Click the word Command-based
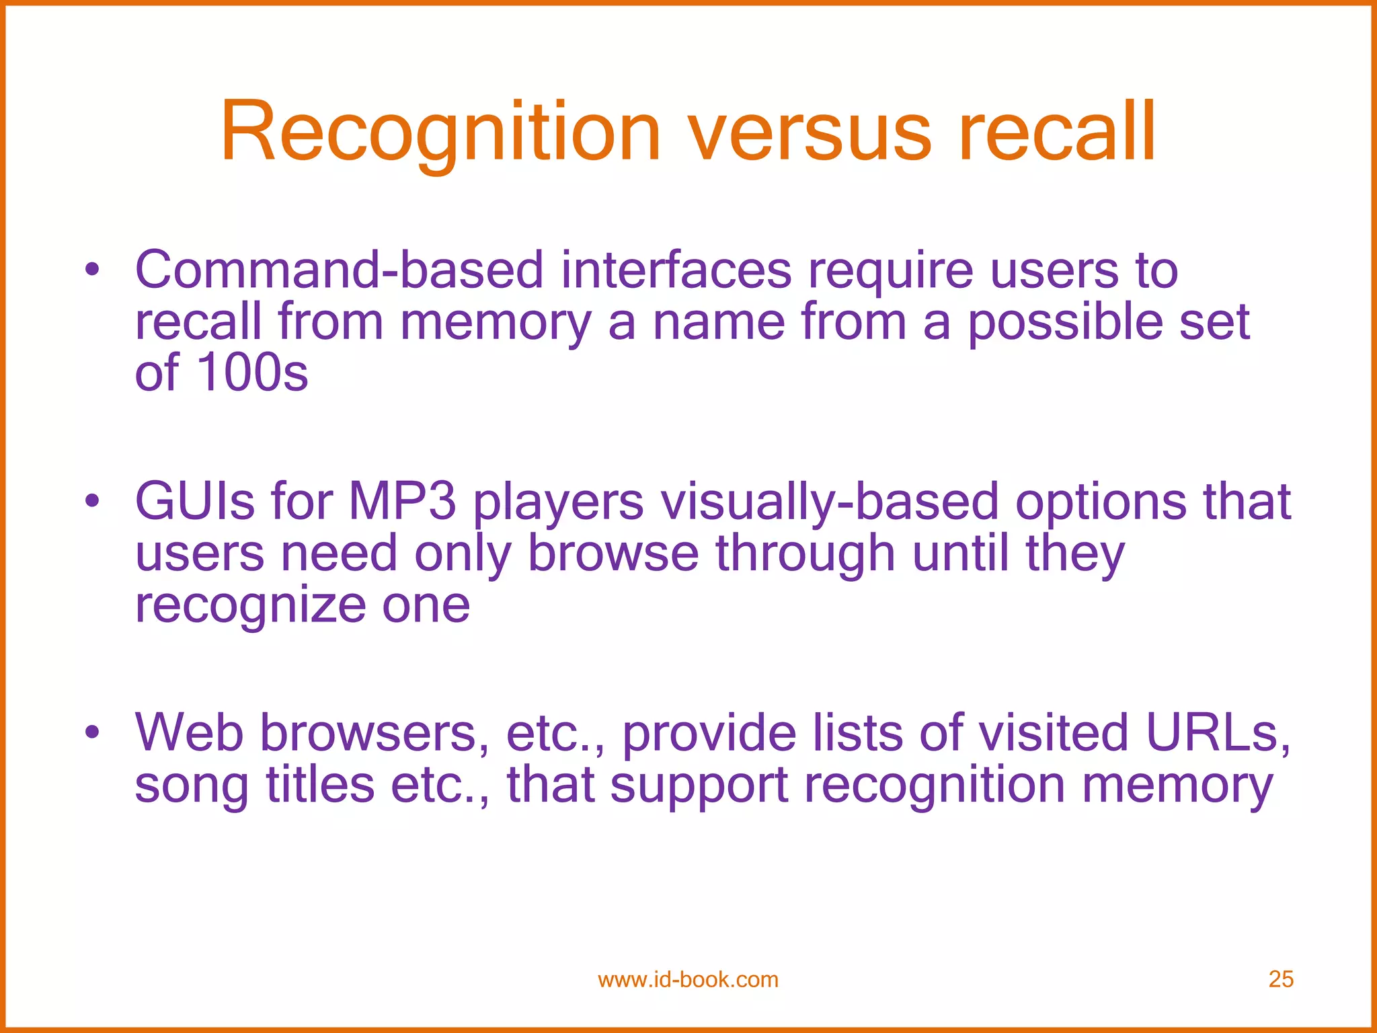point(339,270)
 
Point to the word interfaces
point(676,270)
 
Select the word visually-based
point(830,503)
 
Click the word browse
point(613,553)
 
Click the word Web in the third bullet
point(189,733)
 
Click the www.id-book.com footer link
point(688,980)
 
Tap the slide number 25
point(1280,979)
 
